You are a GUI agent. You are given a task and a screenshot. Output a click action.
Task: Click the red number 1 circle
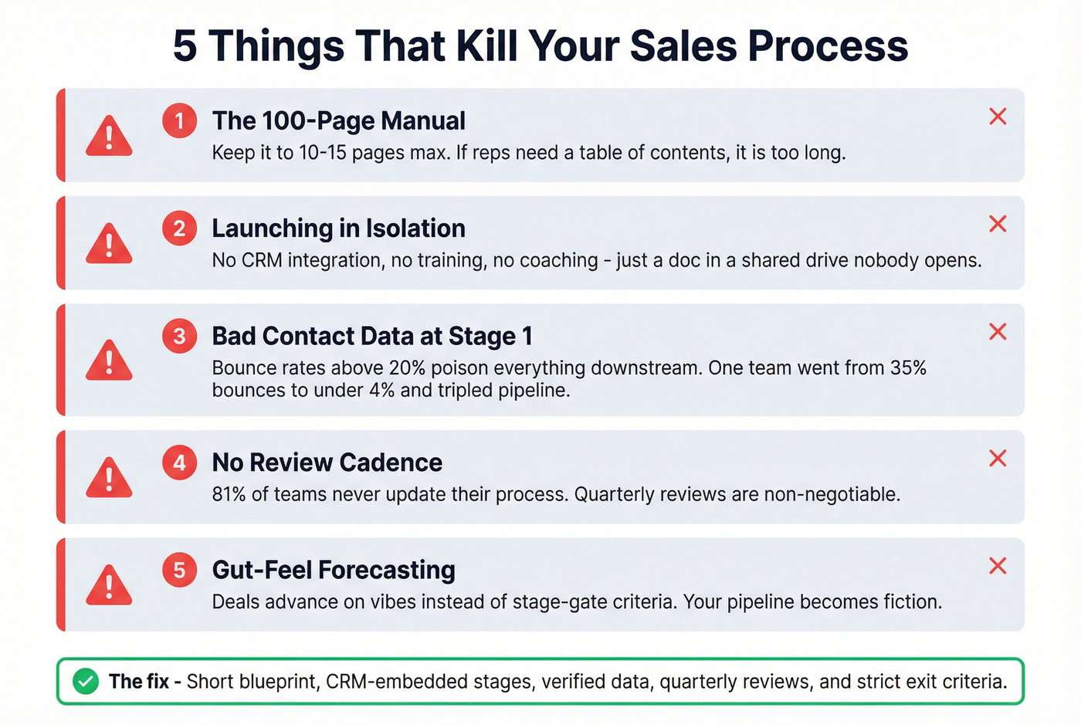coord(179,121)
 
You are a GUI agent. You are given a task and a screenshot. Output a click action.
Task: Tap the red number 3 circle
coord(179,337)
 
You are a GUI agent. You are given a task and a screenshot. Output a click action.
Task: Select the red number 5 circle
coord(179,571)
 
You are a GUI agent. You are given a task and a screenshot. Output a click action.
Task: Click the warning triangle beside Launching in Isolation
coord(109,244)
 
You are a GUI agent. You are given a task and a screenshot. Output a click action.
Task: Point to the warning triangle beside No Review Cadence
coord(109,478)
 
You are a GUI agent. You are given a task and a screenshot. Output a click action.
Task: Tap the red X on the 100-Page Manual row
coord(998,117)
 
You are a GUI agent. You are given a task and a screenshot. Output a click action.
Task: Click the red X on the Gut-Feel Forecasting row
coord(998,566)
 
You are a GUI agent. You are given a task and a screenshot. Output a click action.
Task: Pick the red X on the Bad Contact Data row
coord(998,332)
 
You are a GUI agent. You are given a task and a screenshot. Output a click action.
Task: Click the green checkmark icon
coord(86,682)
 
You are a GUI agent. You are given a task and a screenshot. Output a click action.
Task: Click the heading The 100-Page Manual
coord(338,121)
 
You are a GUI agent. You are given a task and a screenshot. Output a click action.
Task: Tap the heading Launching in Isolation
coord(338,229)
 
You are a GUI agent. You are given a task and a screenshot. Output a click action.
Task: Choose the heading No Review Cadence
coord(327,462)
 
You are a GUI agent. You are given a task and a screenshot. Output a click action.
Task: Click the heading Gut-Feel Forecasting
coord(334,571)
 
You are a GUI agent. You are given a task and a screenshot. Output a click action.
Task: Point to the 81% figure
coord(229,494)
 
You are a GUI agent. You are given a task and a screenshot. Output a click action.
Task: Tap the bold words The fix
coord(139,682)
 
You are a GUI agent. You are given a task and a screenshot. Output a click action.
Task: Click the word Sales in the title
coord(683,46)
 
